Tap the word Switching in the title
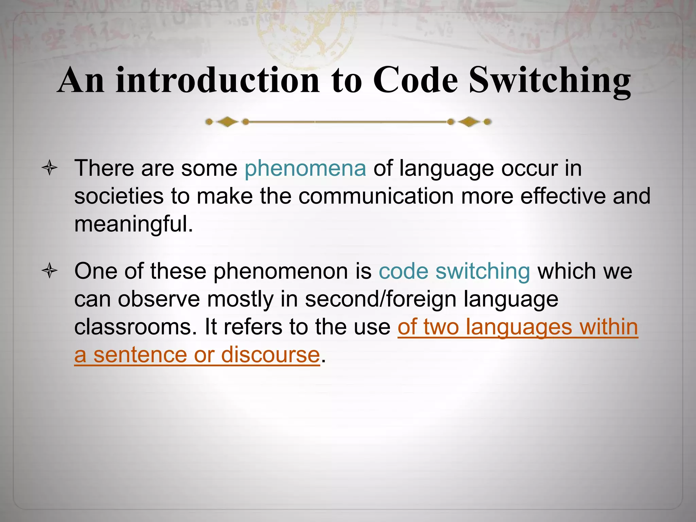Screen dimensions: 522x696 (550, 81)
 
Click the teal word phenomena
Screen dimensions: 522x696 (305, 169)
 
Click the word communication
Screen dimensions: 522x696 (376, 196)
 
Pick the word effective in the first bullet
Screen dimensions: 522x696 (563, 196)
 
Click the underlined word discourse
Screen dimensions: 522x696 (271, 355)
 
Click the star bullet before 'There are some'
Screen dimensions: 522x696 (50, 168)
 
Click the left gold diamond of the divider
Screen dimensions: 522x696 (227, 122)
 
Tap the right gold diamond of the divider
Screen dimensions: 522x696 (469, 122)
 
